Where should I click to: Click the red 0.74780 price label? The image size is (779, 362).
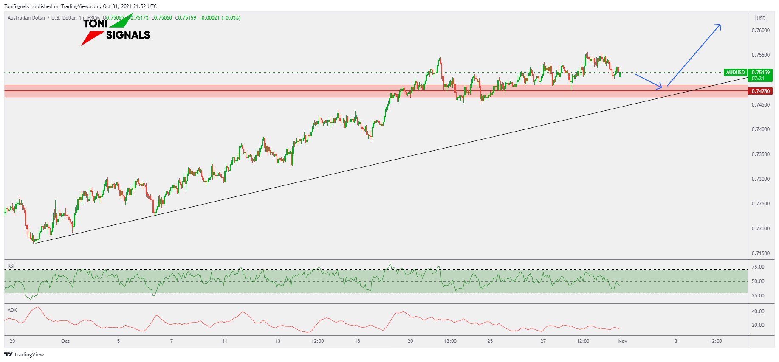[760, 91]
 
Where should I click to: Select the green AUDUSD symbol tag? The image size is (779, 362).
[735, 73]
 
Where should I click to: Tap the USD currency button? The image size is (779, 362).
[761, 18]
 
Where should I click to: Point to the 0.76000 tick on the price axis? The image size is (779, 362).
[760, 31]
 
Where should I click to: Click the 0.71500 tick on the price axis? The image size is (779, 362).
[760, 253]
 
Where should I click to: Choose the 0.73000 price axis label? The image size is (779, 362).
[760, 179]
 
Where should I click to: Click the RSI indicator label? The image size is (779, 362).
[11, 266]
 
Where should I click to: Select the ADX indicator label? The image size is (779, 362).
[12, 310]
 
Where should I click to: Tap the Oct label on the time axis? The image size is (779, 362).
[65, 341]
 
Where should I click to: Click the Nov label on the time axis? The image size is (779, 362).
[623, 341]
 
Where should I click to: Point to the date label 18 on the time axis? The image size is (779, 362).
[357, 341]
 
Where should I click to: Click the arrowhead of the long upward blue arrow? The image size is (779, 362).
[719, 25]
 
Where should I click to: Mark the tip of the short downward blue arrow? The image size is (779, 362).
[660, 87]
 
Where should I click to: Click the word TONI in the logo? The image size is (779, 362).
[96, 24]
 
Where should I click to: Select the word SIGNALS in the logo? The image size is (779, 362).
[128, 35]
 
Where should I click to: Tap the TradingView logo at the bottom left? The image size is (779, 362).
[24, 355]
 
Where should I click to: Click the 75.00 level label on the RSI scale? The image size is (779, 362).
[758, 267]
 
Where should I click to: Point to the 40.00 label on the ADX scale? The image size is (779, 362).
[758, 311]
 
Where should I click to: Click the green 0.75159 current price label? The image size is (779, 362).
[760, 73]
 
